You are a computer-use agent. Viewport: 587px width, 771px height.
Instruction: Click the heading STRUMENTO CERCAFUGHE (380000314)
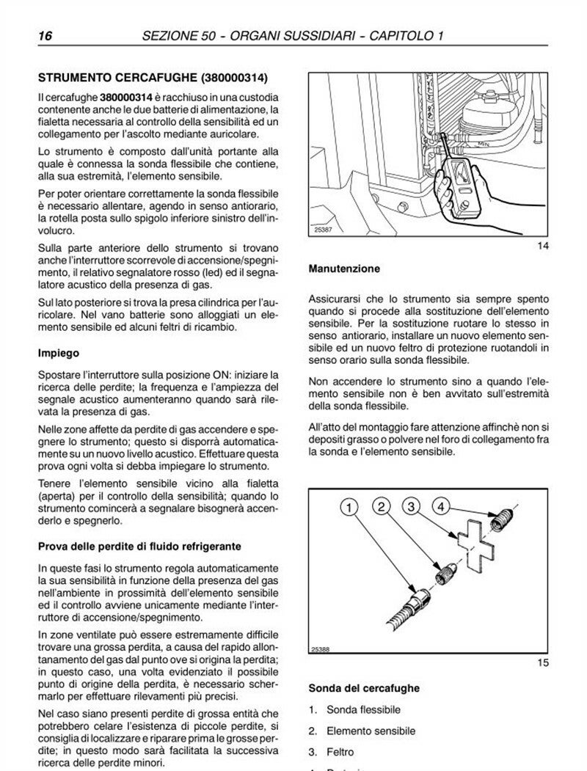point(153,76)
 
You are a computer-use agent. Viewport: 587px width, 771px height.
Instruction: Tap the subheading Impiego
point(59,353)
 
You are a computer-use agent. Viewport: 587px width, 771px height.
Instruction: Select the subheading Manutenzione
point(344,268)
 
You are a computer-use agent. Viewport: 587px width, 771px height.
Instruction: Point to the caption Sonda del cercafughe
point(364,688)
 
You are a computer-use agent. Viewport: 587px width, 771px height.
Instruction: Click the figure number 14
point(543,246)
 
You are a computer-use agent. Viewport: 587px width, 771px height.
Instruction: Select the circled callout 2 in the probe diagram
point(382,506)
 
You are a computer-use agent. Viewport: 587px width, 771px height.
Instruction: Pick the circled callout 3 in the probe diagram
point(413,507)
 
